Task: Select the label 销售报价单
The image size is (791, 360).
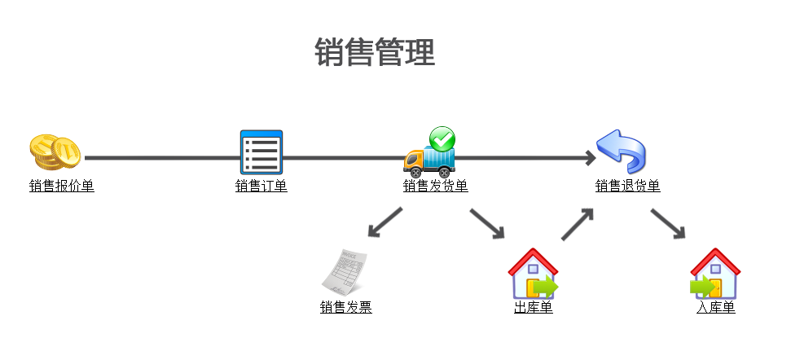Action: [62, 187]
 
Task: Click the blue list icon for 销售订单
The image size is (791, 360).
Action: [261, 152]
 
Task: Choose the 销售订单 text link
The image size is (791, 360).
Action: [261, 187]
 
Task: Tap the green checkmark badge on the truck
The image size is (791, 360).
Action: [442, 138]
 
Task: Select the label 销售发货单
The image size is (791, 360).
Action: [436, 187]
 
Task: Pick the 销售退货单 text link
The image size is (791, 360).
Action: [627, 187]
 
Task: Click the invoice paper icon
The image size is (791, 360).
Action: [345, 272]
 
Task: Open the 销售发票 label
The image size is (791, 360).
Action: [346, 308]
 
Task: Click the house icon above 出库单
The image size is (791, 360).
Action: [533, 274]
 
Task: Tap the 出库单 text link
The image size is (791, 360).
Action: [534, 308]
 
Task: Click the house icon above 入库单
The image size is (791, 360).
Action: [714, 274]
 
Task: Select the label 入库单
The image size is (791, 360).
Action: [716, 308]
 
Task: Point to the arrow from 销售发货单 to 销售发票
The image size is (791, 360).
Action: [385, 222]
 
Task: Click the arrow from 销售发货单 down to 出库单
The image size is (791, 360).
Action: [487, 223]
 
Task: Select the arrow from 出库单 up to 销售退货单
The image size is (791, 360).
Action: [578, 223]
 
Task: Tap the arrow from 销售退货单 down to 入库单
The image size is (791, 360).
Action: [668, 223]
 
